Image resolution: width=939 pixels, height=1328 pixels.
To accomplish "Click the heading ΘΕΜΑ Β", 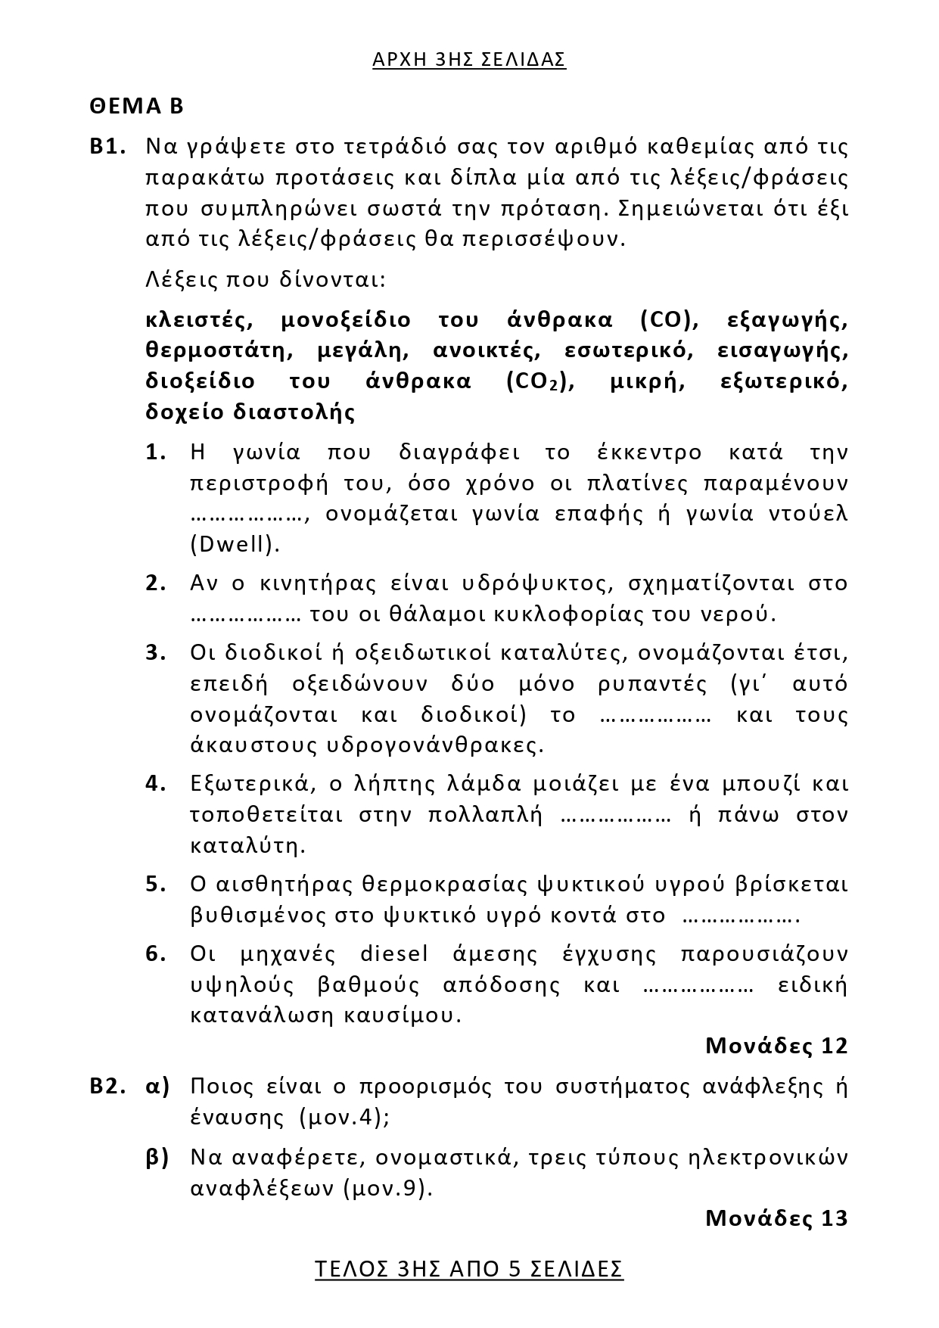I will tap(136, 105).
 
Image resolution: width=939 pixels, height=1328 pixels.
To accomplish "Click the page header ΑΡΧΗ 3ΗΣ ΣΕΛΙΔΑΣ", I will tap(469, 60).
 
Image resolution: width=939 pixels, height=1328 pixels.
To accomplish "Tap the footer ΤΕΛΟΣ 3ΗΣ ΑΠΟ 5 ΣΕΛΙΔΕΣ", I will tap(469, 1268).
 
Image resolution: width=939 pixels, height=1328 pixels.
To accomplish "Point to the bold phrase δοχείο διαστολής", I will tap(250, 412).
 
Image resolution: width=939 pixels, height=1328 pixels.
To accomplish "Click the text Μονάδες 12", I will tap(776, 1046).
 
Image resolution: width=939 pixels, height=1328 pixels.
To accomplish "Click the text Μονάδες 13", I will tap(776, 1218).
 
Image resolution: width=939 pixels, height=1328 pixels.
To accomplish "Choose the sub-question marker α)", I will tap(157, 1087).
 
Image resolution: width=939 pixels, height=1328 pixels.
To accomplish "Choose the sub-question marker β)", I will tap(157, 1157).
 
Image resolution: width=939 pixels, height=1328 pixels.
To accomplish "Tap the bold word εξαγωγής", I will tap(787, 320).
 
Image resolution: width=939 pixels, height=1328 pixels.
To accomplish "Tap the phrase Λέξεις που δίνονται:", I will tap(266, 280).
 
